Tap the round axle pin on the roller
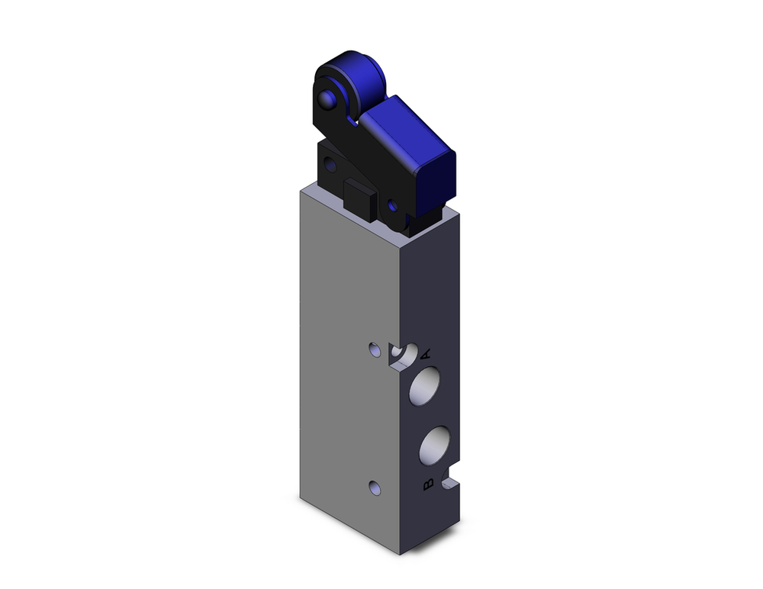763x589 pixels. click(x=330, y=99)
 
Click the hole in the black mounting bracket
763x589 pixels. click(x=329, y=163)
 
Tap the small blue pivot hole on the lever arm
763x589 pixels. click(x=392, y=205)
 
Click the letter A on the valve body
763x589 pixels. click(x=427, y=353)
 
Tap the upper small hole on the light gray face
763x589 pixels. click(x=374, y=350)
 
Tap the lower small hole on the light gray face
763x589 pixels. click(x=374, y=487)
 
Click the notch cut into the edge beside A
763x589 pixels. click(x=402, y=356)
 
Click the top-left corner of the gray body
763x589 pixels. click(x=301, y=192)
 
